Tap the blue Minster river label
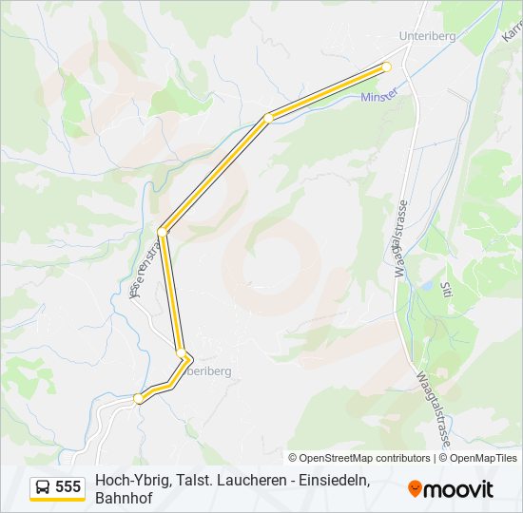pos(379,97)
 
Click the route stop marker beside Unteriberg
pos(387,66)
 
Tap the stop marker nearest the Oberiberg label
pos(181,353)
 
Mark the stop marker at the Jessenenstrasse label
pos(163,231)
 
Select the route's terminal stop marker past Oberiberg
pos(139,398)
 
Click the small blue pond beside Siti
pos(430,285)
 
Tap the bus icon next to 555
pos(43,486)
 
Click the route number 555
pos(68,486)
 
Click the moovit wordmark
pos(458,488)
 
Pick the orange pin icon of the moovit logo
pos(415,488)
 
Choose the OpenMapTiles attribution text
pos(483,458)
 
